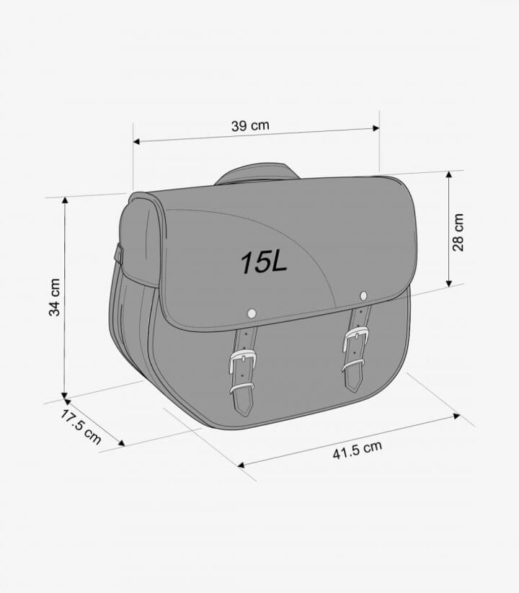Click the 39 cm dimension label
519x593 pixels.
(250, 125)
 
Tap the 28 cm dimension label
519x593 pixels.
(458, 233)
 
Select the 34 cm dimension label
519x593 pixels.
(55, 298)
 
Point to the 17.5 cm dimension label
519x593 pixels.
(81, 427)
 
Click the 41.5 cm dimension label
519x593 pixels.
(358, 450)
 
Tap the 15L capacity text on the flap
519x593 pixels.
(264, 262)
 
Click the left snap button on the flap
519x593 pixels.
(251, 313)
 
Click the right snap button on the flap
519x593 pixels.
(363, 295)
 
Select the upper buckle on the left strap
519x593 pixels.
(242, 360)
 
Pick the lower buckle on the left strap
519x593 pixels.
(241, 388)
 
